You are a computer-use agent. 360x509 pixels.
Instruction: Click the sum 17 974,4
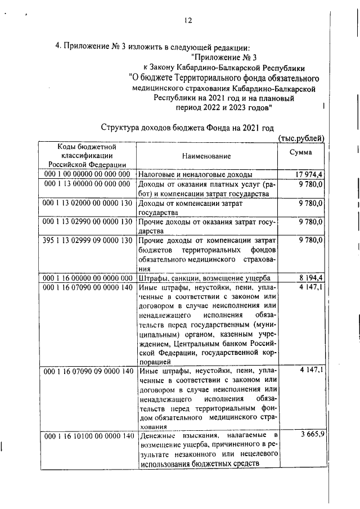click(308, 174)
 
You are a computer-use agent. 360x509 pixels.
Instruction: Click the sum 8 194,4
click(309, 278)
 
